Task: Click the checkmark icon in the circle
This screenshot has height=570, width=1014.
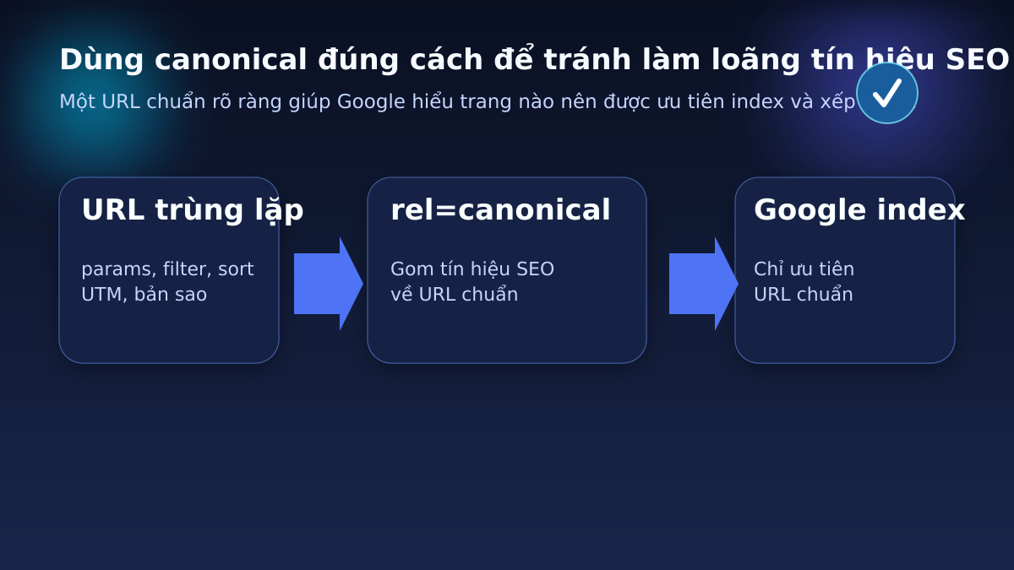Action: (886, 93)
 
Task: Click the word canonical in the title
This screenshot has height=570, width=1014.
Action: (231, 60)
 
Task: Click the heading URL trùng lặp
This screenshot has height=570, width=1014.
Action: (192, 210)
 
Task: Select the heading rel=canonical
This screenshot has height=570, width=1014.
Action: (500, 210)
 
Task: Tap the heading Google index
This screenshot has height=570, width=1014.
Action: (859, 210)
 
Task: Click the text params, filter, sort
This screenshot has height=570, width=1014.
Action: (167, 269)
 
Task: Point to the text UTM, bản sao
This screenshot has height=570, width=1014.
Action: (144, 295)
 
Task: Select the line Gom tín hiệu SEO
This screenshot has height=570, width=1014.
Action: (472, 269)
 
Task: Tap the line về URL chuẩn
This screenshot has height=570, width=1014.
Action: (454, 295)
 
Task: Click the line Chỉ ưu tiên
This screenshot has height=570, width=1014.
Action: (804, 269)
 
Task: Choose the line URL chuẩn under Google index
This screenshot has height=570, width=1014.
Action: (803, 295)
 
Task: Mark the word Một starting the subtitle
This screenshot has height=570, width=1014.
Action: (77, 102)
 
